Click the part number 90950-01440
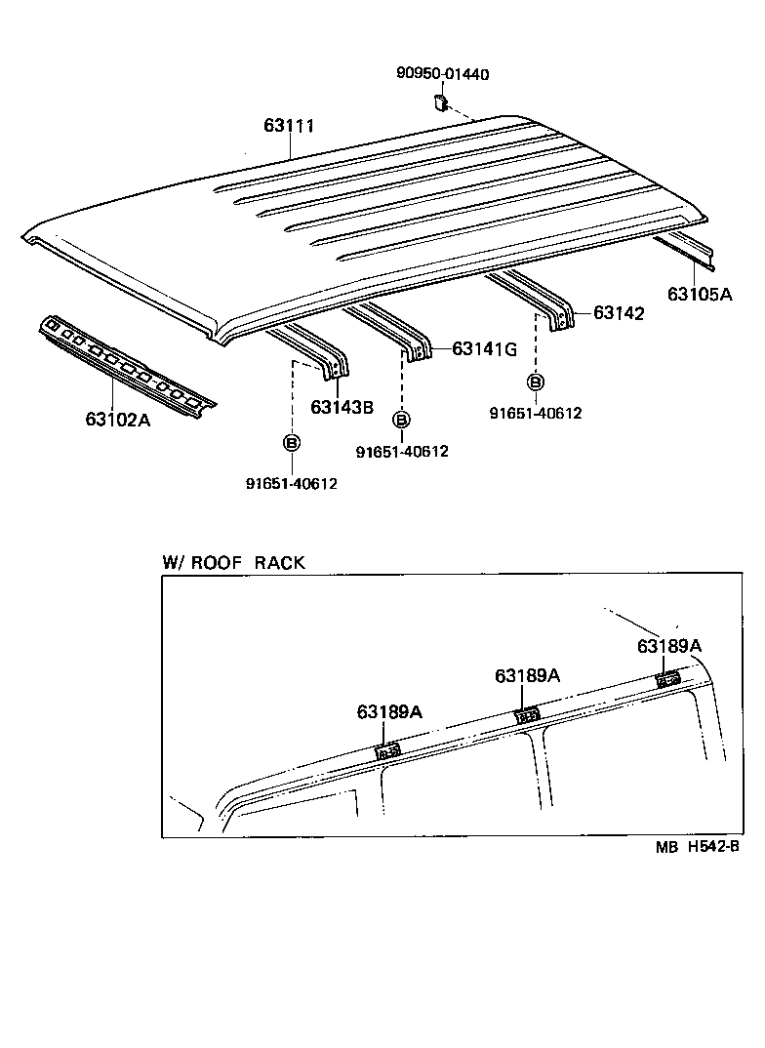pyautogui.click(x=442, y=74)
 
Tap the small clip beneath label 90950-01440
pyautogui.click(x=440, y=101)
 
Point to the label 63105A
pyautogui.click(x=699, y=293)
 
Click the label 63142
pyautogui.click(x=619, y=313)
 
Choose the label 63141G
pyautogui.click(x=485, y=349)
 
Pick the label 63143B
pyautogui.click(x=342, y=407)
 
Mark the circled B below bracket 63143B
pyautogui.click(x=292, y=443)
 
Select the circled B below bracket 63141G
pyautogui.click(x=400, y=420)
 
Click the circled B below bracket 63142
pyautogui.click(x=536, y=382)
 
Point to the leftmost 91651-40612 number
pyautogui.click(x=291, y=483)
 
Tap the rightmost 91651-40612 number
pyautogui.click(x=535, y=413)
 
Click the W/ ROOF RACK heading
pyautogui.click(x=233, y=563)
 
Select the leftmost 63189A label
pyautogui.click(x=388, y=712)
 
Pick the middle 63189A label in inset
pyautogui.click(x=527, y=676)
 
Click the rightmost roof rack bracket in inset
pyautogui.click(x=668, y=678)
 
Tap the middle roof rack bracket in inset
pyautogui.click(x=527, y=714)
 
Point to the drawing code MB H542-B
pyautogui.click(x=698, y=848)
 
